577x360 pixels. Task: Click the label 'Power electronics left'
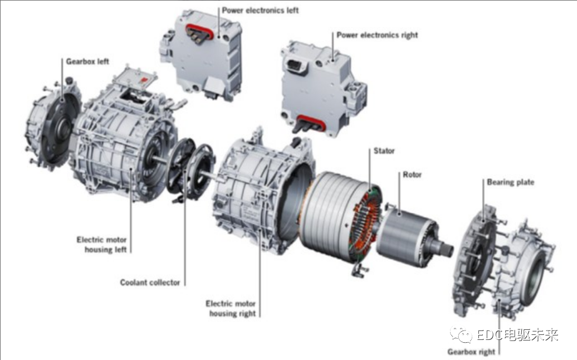coord(260,10)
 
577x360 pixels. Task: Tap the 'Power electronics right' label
coord(377,35)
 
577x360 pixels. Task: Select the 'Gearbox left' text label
coord(87,61)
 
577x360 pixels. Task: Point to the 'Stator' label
coord(384,151)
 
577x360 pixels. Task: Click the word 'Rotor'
coord(412,174)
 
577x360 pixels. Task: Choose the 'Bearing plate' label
coord(510,182)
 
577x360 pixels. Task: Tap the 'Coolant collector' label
coord(150,283)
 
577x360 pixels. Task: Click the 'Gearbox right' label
coord(471,352)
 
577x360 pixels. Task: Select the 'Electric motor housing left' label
coord(101,245)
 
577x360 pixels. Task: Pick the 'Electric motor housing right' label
coord(231,309)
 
